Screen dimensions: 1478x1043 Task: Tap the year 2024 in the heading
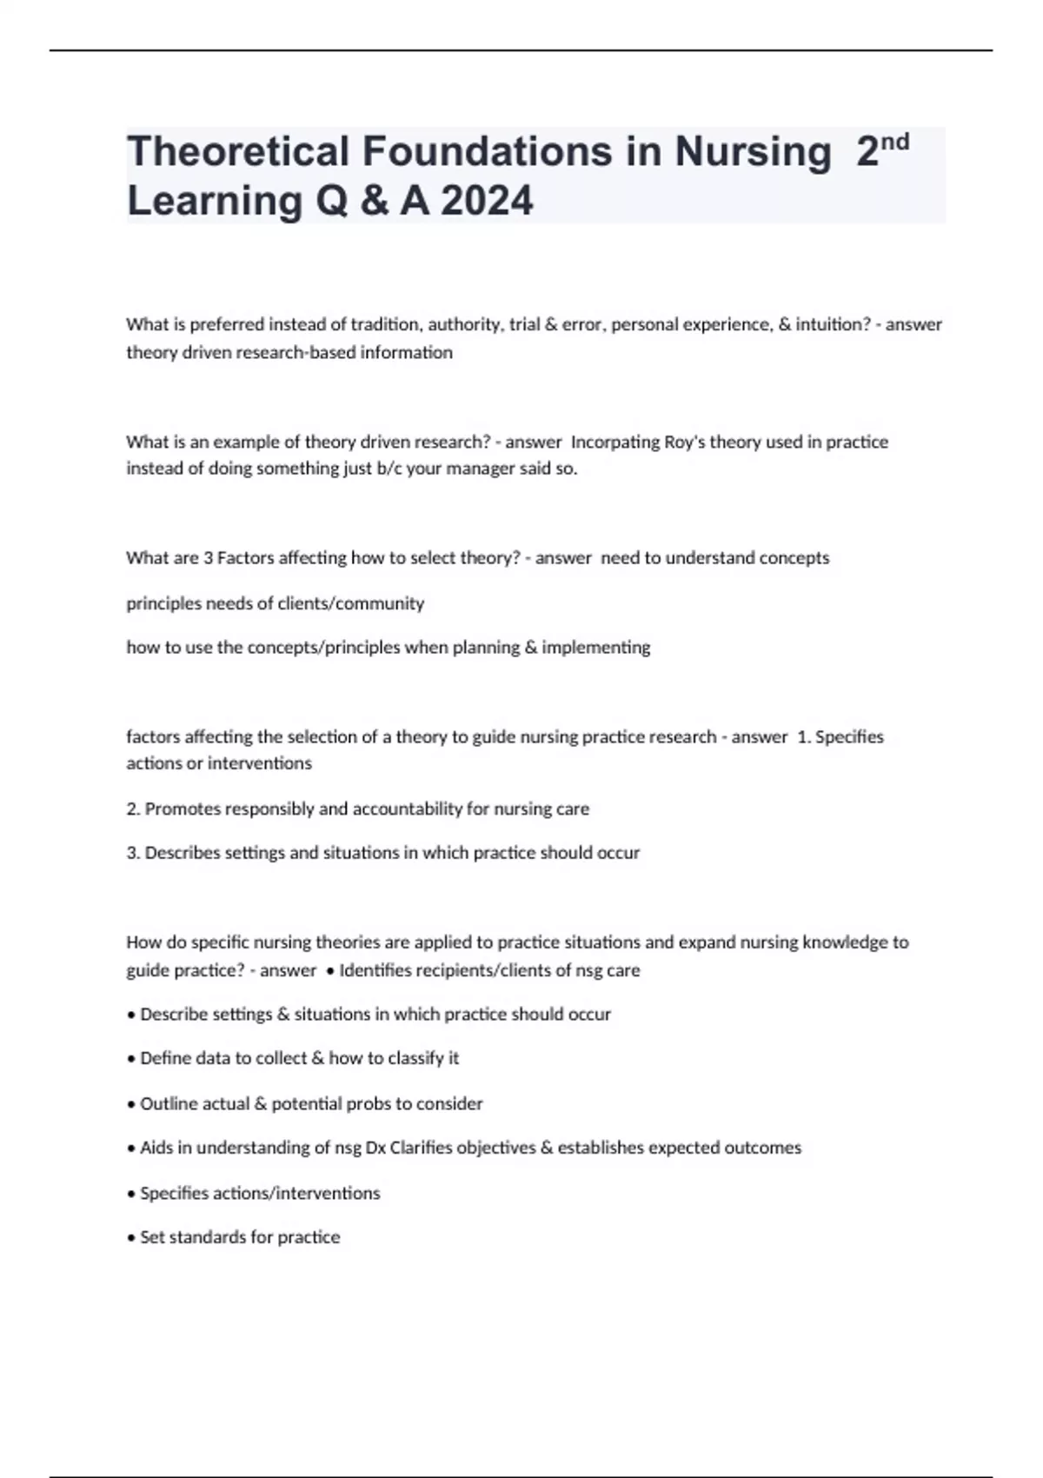(487, 201)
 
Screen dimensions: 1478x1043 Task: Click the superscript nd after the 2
(894, 142)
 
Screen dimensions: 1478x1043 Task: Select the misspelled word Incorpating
(615, 442)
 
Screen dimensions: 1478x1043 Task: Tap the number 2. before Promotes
(133, 809)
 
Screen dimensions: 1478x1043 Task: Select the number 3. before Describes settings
(133, 853)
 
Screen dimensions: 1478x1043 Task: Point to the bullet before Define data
(131, 1059)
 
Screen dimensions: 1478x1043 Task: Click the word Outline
(170, 1104)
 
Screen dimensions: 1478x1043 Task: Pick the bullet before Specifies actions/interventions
(131, 1194)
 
